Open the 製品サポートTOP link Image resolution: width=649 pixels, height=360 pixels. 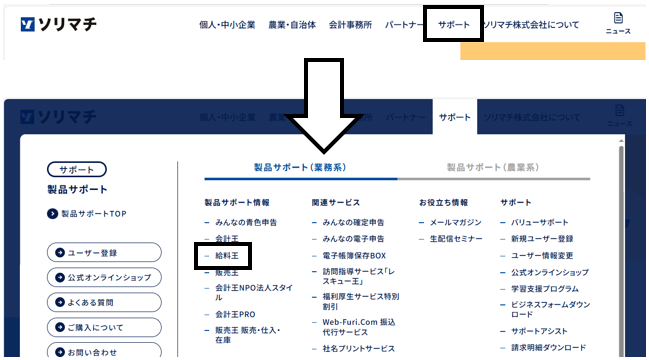click(93, 213)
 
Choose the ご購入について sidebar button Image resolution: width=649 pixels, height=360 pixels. click(104, 327)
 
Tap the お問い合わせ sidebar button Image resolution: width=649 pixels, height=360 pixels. click(104, 351)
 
